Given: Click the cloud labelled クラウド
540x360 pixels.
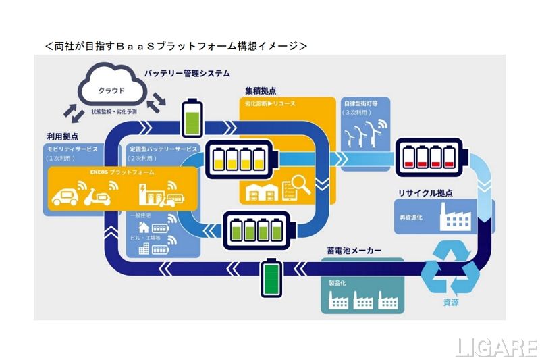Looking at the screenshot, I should (x=111, y=88).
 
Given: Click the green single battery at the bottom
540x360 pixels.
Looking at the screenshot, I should (x=271, y=276).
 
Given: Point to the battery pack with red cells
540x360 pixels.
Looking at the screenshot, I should (x=429, y=155).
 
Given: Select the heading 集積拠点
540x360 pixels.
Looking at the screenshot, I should (x=261, y=90).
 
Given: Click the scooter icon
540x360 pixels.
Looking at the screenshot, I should (x=102, y=197).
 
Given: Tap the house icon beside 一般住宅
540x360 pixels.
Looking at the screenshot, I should (x=144, y=228).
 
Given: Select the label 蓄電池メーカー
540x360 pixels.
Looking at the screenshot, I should (x=354, y=251).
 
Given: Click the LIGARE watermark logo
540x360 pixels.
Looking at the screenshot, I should (x=496, y=346).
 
